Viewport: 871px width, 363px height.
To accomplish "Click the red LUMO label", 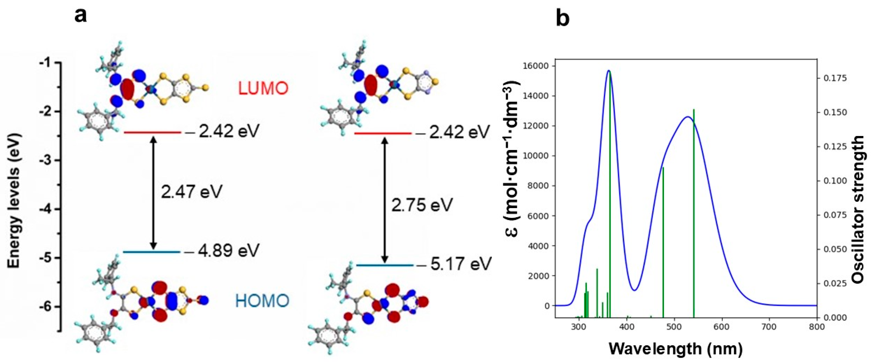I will pos(263,89).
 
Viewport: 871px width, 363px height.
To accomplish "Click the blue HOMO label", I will pos(262,300).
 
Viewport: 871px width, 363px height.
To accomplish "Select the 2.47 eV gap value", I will pos(191,192).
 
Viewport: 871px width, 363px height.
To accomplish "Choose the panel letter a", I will pos(80,15).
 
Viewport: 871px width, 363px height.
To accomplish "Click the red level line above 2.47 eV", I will pos(152,132).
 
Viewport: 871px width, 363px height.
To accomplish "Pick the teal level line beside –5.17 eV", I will pos(385,265).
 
